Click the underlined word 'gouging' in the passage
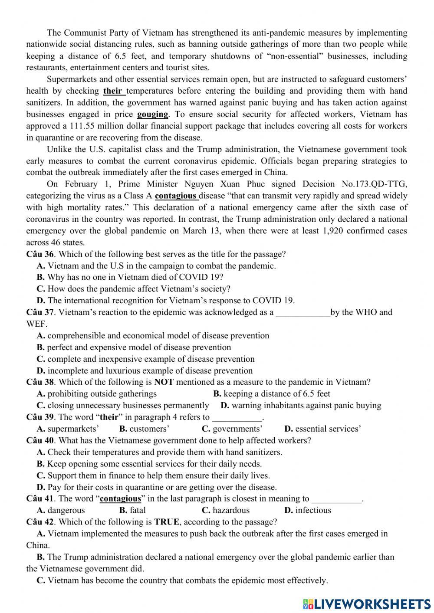[152, 115]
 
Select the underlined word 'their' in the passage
[113, 91]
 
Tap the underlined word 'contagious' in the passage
[176, 196]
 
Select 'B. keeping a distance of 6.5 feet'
[272, 394]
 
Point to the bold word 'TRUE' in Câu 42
[166, 522]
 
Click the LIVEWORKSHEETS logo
[367, 603]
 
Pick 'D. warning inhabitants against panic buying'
[301, 406]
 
